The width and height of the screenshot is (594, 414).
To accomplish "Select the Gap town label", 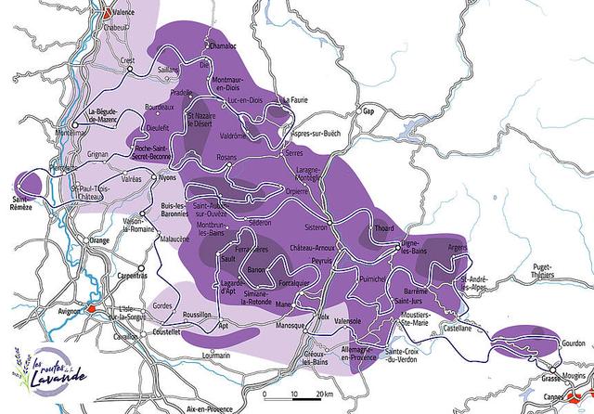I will coord(368,111).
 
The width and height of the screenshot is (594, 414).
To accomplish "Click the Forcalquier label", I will coord(298,283).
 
